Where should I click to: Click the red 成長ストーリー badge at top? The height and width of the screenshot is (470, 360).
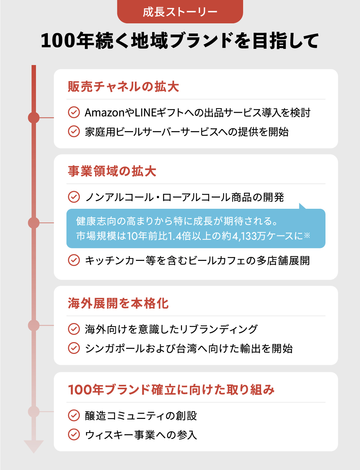tap(180, 11)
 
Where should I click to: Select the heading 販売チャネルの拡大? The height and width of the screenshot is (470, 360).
tap(123, 87)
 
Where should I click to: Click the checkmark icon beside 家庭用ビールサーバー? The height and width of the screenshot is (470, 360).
tap(74, 131)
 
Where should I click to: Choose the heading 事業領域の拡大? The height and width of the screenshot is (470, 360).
tap(112, 171)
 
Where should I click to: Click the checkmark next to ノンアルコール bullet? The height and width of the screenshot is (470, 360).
tap(74, 197)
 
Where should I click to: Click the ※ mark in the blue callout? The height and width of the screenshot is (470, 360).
tap(307, 235)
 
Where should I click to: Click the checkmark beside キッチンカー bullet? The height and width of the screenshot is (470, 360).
tap(74, 260)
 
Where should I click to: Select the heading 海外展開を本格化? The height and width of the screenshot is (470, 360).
tap(118, 303)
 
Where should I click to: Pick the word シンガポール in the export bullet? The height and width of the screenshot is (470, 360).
tap(115, 349)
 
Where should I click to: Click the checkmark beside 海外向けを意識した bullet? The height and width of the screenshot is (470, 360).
tap(74, 329)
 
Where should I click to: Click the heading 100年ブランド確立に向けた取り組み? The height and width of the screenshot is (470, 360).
tap(171, 390)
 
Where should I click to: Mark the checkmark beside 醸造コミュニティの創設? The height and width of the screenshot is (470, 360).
tap(74, 416)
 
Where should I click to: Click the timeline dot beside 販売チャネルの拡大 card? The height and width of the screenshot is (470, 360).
tap(34, 117)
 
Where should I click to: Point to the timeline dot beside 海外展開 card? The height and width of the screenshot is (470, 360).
tap(34, 326)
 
